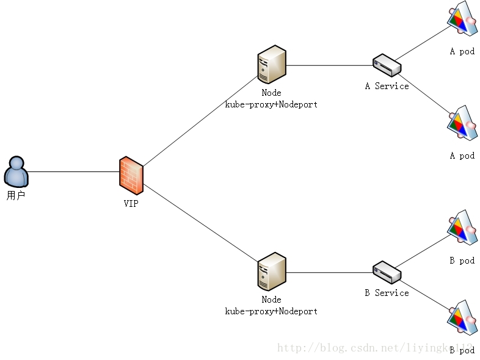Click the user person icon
[16, 171]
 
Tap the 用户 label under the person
[16, 196]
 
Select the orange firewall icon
[131, 175]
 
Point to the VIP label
[131, 204]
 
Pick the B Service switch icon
[387, 272]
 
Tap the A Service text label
[387, 86]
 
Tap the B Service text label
[387, 293]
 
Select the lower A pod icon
[462, 125]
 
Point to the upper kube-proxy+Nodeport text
[272, 104]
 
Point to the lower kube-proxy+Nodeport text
[272, 311]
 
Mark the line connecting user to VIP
[73, 171]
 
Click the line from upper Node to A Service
[330, 65]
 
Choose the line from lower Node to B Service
[330, 272]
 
